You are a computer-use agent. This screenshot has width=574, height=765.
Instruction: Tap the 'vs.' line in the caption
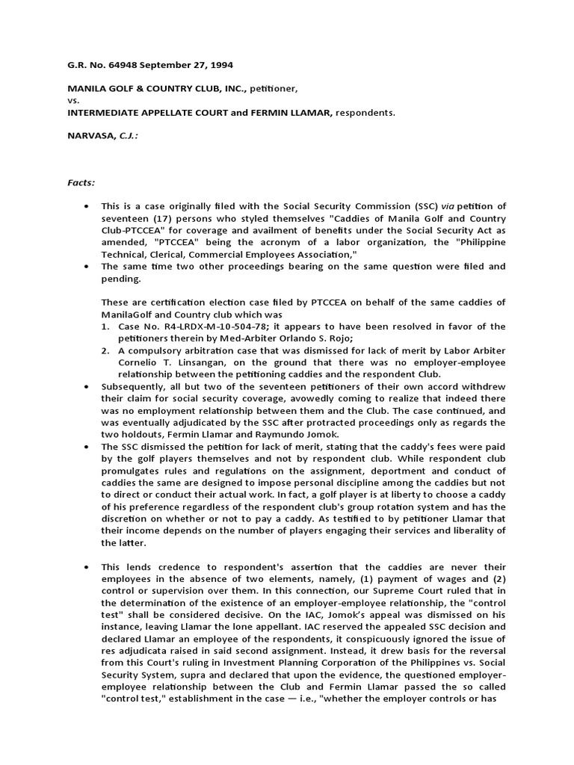pyautogui.click(x=74, y=100)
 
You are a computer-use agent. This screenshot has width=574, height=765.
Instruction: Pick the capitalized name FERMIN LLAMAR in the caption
pyautogui.click(x=294, y=112)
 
